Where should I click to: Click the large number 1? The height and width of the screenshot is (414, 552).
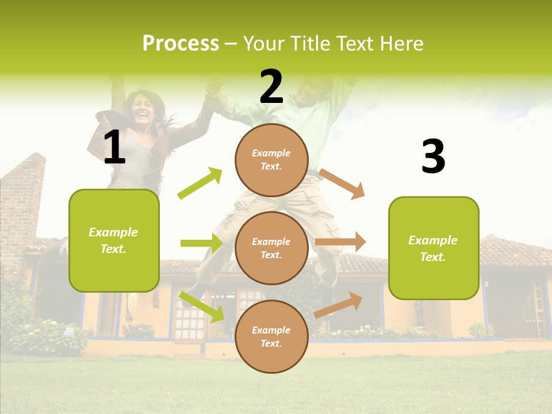114,148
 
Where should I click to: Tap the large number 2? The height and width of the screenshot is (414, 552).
271,87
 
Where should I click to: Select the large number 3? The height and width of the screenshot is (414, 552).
433,157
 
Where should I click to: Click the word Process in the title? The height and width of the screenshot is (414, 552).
181,43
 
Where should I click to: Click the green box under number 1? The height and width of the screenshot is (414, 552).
114,240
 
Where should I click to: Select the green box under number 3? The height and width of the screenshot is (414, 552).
434,248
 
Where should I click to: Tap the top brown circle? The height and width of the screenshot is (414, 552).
271,160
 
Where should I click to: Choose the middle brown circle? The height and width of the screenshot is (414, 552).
271,248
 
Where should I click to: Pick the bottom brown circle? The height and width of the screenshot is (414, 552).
271,336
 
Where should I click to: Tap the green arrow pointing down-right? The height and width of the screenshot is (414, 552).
202,306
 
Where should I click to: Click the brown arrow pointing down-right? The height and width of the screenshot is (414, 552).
342,183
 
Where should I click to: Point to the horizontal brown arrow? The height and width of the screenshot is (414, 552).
340,242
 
